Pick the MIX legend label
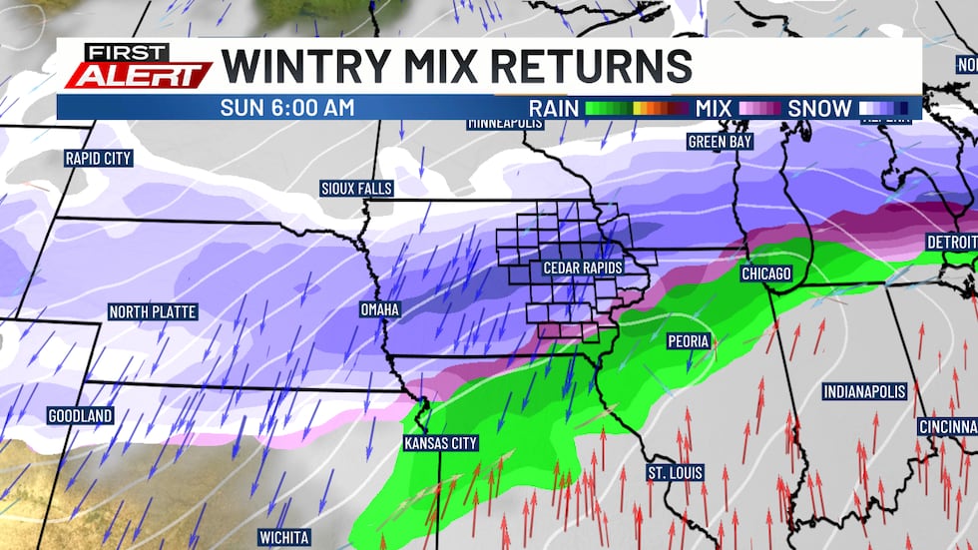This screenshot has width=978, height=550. (715, 108)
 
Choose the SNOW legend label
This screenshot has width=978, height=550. (820, 108)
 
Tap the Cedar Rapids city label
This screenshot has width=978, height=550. (583, 268)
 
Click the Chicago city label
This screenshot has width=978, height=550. (765, 274)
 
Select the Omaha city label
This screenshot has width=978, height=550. (379, 310)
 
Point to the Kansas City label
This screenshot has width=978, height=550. (440, 443)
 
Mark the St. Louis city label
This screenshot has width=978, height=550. (675, 472)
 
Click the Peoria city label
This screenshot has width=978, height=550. (689, 341)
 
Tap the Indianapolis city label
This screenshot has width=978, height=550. (864, 392)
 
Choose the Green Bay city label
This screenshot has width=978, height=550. (720, 142)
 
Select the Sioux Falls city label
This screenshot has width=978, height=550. (356, 188)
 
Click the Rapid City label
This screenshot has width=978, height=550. (98, 158)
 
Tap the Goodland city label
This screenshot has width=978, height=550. (80, 415)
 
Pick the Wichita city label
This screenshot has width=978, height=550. (283, 537)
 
